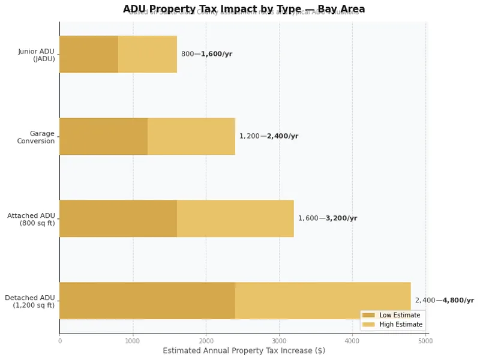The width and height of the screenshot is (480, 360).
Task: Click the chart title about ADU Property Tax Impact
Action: (x=244, y=9)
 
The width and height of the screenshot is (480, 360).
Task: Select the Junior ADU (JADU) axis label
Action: (x=37, y=55)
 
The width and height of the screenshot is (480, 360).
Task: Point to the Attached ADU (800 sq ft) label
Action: (x=31, y=219)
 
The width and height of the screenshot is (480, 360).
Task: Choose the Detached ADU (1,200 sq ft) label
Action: (x=30, y=301)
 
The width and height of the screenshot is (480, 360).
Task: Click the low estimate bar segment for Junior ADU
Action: (x=89, y=55)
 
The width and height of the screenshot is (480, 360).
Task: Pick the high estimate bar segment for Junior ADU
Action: (x=148, y=55)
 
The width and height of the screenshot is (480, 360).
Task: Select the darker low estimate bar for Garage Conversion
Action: (x=103, y=137)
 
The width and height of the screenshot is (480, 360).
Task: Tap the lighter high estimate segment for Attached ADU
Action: (x=235, y=219)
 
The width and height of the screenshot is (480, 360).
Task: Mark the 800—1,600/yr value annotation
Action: (x=206, y=54)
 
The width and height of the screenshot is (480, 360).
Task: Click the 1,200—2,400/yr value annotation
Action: (x=268, y=136)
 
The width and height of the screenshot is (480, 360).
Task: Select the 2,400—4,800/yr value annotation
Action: (x=444, y=301)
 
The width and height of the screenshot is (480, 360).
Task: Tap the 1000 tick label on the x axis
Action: (x=133, y=341)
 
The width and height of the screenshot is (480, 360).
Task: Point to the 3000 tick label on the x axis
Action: (x=279, y=341)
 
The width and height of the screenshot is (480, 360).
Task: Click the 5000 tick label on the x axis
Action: (x=425, y=341)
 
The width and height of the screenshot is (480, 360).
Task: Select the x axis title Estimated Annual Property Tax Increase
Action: (x=244, y=350)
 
